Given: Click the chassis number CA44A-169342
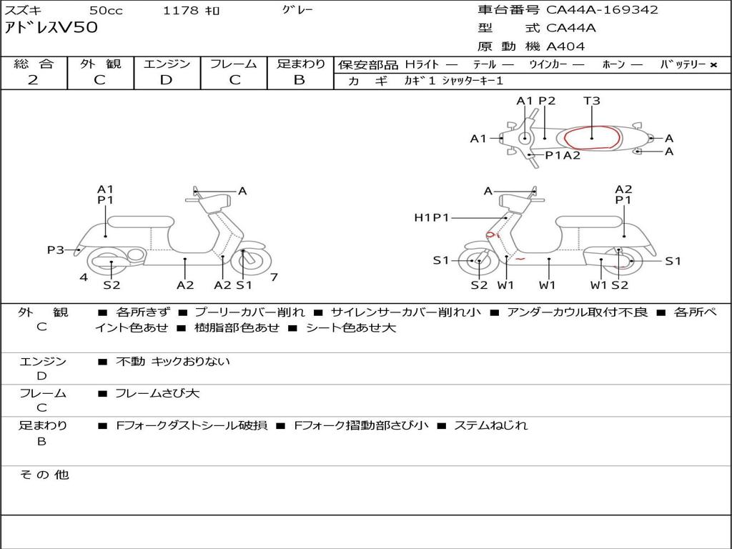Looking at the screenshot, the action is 602,10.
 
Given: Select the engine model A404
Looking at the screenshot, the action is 565,46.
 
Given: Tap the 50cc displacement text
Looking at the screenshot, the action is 105,11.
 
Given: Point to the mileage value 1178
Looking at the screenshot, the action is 181,11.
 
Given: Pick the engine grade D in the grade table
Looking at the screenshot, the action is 166,80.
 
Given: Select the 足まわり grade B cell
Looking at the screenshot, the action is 300,80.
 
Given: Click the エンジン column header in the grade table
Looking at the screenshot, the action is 167,64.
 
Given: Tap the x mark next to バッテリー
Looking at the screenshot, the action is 713,65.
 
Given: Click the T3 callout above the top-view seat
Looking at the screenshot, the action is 592,101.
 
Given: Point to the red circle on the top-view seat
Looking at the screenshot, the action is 593,137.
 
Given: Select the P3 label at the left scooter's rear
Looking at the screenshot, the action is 56,249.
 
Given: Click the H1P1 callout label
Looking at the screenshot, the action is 431,217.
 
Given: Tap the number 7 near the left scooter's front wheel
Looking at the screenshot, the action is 274,277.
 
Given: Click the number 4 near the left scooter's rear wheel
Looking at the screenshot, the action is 84,277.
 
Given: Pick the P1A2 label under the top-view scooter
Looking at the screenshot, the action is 563,155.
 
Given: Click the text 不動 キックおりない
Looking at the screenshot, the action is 173,362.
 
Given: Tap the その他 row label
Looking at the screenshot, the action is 44,475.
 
